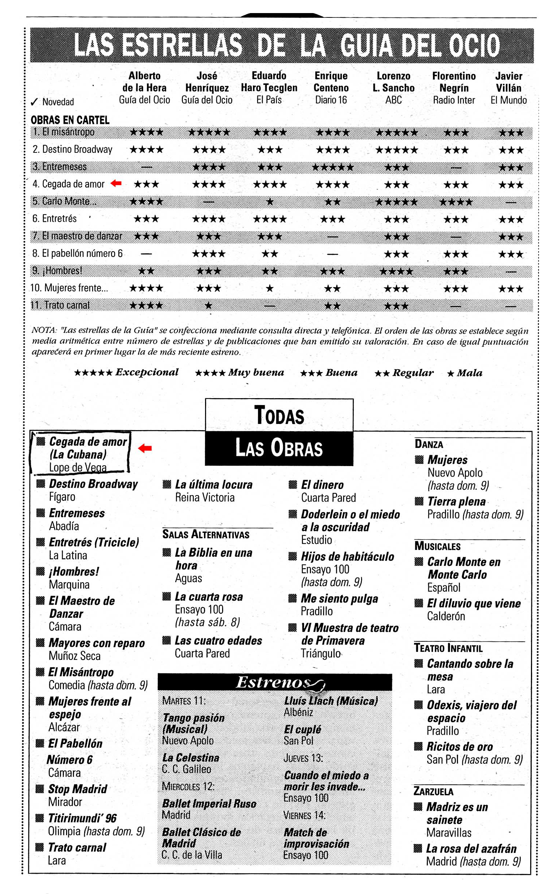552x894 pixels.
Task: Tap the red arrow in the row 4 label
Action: pyautogui.click(x=116, y=183)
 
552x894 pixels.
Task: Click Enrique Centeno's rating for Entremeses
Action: pyautogui.click(x=332, y=167)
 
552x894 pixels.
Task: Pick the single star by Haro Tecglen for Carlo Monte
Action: pyautogui.click(x=270, y=201)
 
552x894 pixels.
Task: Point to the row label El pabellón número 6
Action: pyautogui.click(x=77, y=253)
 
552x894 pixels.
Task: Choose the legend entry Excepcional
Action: pyautogui.click(x=126, y=372)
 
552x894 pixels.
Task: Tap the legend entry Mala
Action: pyautogui.click(x=465, y=373)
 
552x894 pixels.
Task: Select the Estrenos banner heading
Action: pyautogui.click(x=274, y=682)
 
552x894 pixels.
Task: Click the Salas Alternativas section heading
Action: pyautogui.click(x=205, y=534)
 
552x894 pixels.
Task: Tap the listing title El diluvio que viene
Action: pyautogui.click(x=474, y=603)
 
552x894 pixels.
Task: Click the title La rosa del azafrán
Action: pyautogui.click(x=471, y=848)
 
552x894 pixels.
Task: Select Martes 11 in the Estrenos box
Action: pyautogui.click(x=184, y=701)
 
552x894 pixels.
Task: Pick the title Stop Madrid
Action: pyautogui.click(x=77, y=789)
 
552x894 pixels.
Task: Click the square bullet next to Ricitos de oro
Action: pyautogui.click(x=418, y=747)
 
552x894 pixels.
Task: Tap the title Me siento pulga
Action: pyautogui.click(x=339, y=598)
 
